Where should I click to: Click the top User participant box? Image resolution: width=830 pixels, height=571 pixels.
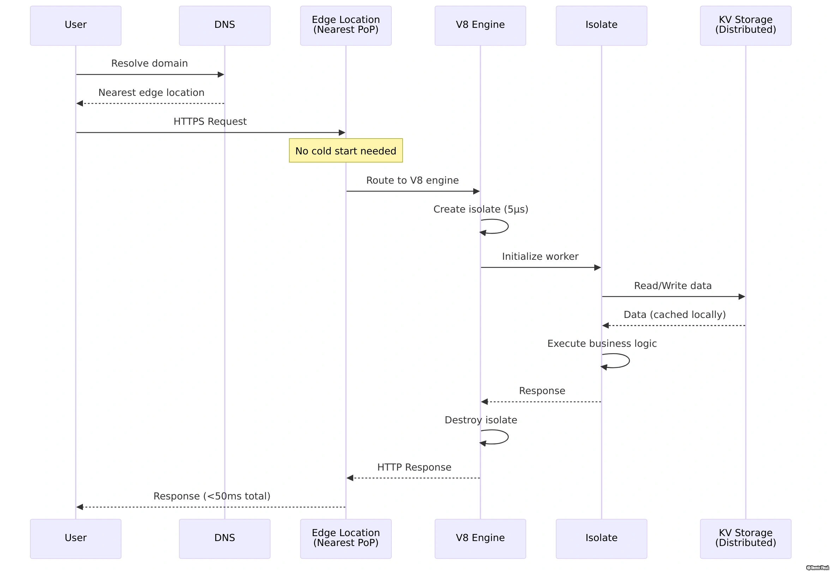(76, 25)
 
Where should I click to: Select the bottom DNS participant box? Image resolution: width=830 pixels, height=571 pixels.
(224, 539)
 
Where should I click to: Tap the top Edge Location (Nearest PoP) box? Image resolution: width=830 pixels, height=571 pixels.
(346, 25)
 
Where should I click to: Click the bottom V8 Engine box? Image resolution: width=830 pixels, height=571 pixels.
(480, 539)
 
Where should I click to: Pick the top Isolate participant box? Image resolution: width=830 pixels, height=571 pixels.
(601, 25)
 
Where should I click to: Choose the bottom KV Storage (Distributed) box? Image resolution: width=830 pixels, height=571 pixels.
(745, 539)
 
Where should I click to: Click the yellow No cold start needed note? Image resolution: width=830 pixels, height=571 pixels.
(346, 151)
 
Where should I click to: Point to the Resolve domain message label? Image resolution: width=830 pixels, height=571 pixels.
(149, 63)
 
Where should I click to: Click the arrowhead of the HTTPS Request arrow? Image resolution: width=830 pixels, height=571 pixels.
(342, 133)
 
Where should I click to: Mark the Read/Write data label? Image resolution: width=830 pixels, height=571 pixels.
(672, 286)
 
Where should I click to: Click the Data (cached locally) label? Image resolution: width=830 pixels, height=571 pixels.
(674, 315)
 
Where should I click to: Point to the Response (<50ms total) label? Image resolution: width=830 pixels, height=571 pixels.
(212, 496)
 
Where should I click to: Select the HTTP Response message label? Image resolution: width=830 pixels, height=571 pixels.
(414, 467)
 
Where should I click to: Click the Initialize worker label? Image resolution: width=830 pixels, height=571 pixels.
(540, 257)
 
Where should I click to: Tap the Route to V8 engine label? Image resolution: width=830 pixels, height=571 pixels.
(412, 180)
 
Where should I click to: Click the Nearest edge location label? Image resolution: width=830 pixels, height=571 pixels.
(151, 93)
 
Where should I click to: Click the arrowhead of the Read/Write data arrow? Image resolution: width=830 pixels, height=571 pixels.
(742, 296)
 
